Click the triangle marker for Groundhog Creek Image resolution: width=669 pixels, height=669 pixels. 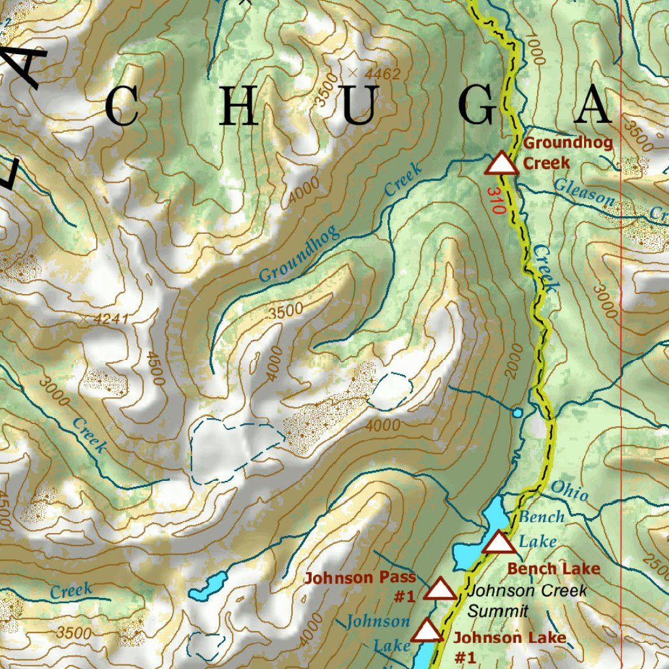coord(501,164)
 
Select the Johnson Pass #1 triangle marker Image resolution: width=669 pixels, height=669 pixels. coord(440,589)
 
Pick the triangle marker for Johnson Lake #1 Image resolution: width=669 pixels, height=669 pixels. coord(427,631)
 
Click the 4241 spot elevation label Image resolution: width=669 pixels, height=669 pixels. coord(111,319)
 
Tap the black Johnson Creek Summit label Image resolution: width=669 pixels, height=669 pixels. coord(527,600)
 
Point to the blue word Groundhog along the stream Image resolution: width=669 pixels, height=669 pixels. coord(299,253)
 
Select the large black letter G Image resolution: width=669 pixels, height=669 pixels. coord(478,106)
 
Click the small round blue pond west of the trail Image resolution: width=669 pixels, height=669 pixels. coord(517,413)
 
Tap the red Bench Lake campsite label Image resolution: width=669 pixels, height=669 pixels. coord(553,568)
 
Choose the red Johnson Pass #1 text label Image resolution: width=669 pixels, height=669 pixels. coord(360,587)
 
